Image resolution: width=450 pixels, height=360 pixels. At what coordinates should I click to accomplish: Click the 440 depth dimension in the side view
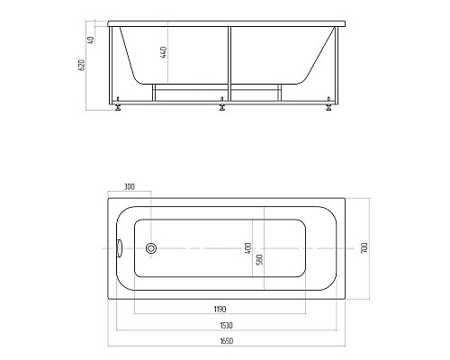click(165, 51)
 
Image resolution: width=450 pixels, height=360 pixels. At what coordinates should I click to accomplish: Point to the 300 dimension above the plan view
click(129, 187)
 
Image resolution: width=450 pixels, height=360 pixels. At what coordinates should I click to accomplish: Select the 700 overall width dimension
click(364, 247)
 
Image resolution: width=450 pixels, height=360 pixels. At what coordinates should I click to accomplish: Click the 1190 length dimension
click(220, 308)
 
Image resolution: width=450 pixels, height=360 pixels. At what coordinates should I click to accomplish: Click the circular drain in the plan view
click(151, 247)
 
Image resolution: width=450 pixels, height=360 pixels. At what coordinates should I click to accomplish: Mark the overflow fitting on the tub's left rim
click(121, 247)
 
